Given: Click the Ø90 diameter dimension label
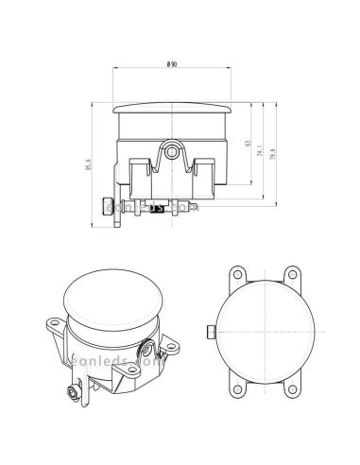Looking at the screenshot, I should pos(172,63).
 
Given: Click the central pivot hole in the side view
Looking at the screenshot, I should pos(171,149).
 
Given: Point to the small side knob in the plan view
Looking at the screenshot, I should pos(208,331).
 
